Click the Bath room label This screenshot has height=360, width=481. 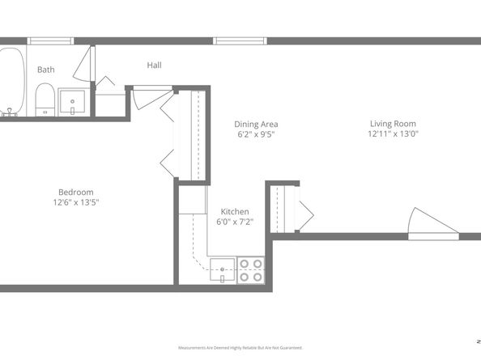coord(46,70)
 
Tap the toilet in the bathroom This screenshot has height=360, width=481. coord(45,100)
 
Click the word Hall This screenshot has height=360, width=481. coord(155,65)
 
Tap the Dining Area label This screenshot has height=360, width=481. coord(257,124)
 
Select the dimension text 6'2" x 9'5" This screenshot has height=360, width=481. coord(257,135)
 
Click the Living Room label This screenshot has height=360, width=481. coord(391,124)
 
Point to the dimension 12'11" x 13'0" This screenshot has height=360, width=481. coord(391,135)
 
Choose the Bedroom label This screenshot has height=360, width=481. coord(76,192)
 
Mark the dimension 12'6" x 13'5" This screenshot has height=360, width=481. coord(76,203)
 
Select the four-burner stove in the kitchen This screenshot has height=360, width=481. coord(250,269)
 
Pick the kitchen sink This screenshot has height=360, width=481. coord(221,271)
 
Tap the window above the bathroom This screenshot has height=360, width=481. coord(51,40)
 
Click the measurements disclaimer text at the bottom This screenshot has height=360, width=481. coord(240,347)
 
